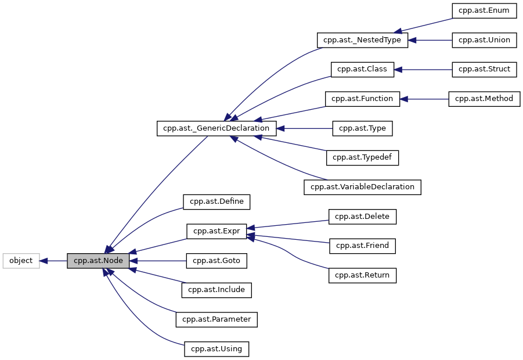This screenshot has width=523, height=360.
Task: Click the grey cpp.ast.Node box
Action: click(x=98, y=261)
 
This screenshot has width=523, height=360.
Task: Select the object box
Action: click(x=21, y=261)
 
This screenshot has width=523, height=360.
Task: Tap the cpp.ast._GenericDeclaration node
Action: click(x=217, y=128)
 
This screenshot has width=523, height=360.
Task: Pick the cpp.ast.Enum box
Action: click(x=484, y=10)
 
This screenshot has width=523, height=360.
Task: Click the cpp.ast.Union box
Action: click(x=484, y=40)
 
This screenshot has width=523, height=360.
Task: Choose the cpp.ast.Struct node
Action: click(x=484, y=69)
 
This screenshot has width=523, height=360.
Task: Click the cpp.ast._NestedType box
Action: click(x=363, y=40)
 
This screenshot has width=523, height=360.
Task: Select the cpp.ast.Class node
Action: click(x=363, y=69)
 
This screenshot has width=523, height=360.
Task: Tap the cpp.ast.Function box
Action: click(x=363, y=99)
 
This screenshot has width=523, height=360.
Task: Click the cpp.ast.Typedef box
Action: click(x=363, y=157)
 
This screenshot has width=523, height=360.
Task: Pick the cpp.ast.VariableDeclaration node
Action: click(x=363, y=187)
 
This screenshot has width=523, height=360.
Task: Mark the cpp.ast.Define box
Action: click(x=217, y=201)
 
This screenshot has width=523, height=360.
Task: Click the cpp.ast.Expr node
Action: click(x=217, y=231)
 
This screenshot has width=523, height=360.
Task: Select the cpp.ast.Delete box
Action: click(x=363, y=217)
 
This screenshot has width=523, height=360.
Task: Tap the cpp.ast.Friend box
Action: click(x=363, y=246)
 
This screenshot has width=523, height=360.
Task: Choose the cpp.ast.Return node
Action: click(x=363, y=275)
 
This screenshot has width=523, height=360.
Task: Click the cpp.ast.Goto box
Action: click(x=217, y=261)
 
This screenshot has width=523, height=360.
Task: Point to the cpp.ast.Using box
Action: click(x=217, y=349)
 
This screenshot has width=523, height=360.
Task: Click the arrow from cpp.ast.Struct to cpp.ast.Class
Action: click(x=424, y=69)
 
